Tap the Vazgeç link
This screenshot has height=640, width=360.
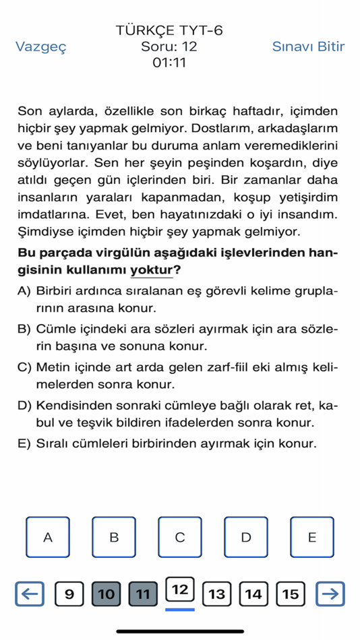[41, 46]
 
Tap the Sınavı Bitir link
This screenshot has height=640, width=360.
[308, 46]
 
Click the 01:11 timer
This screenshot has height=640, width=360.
[169, 63]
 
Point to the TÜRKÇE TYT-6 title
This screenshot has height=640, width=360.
[169, 30]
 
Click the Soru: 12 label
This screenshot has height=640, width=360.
[169, 46]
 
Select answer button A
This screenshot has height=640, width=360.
[47, 537]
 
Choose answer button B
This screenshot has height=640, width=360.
[113, 537]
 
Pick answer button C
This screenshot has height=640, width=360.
[179, 537]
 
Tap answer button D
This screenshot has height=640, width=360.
[245, 537]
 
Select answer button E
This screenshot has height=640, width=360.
[311, 537]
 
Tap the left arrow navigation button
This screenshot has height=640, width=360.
[29, 594]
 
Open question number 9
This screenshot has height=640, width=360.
[69, 594]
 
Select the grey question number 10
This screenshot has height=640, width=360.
[106, 594]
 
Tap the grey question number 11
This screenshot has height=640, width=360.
[142, 594]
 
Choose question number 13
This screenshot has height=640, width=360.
[216, 594]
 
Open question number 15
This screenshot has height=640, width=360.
[290, 594]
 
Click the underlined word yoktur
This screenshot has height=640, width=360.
[152, 270]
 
